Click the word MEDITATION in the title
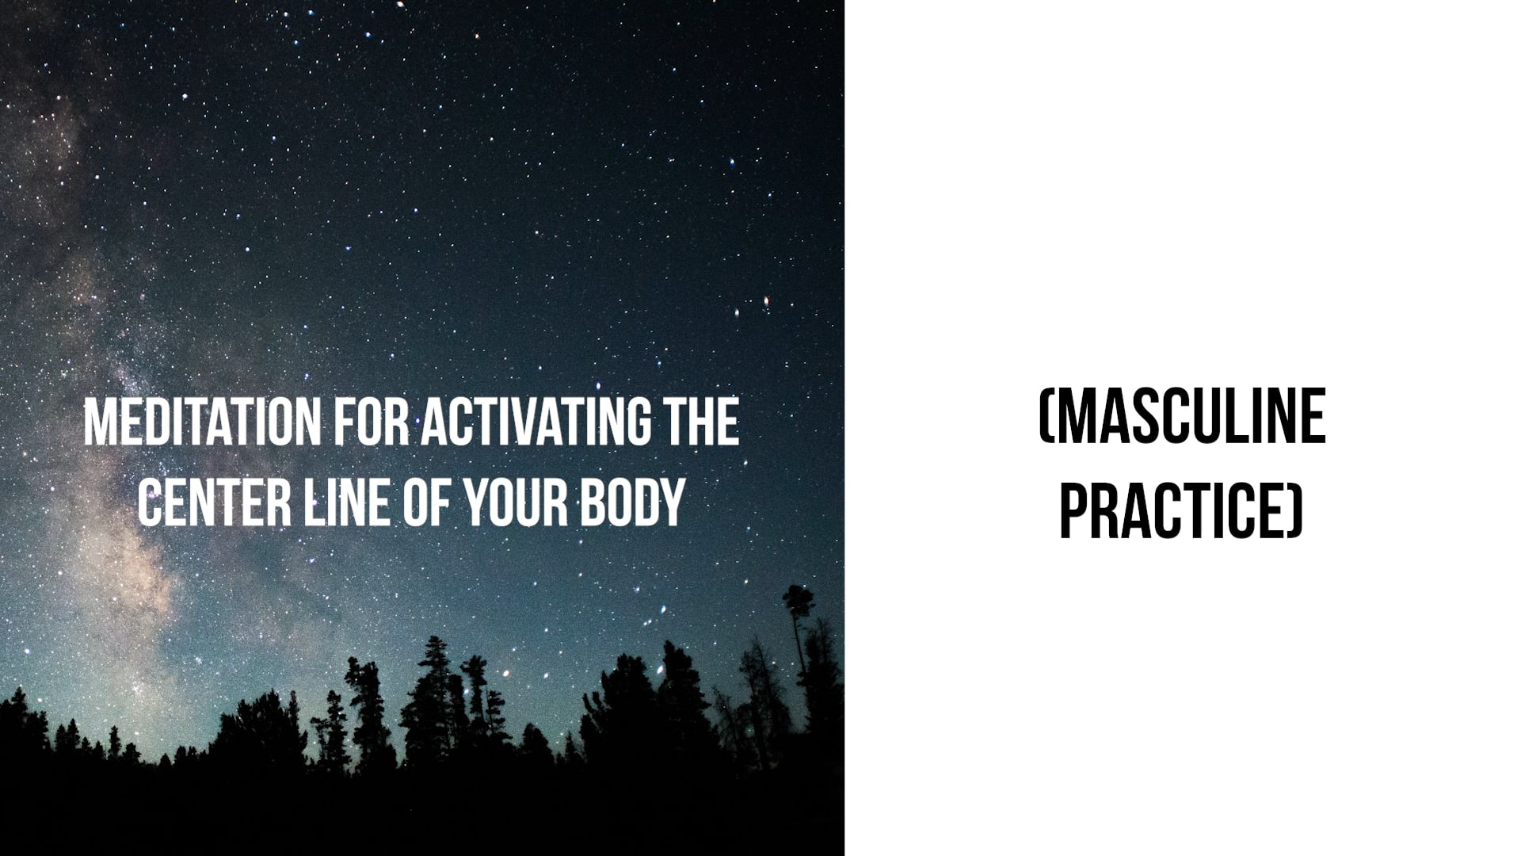tap(202, 422)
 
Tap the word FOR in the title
tap(371, 422)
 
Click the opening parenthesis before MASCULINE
tap(1045, 417)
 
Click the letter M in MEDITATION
tap(100, 422)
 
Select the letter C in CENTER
tap(151, 503)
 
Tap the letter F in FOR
tap(344, 422)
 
